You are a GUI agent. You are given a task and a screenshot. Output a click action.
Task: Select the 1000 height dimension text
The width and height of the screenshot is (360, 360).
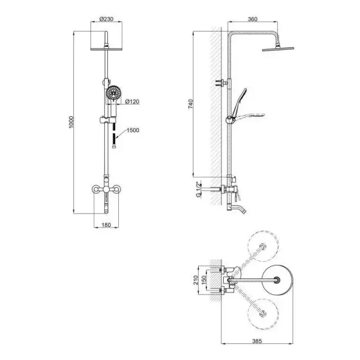72,122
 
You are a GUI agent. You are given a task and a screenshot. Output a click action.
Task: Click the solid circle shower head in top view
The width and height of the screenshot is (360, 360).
278,280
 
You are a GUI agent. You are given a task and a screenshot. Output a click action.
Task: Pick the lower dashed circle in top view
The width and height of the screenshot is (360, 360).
264,316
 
